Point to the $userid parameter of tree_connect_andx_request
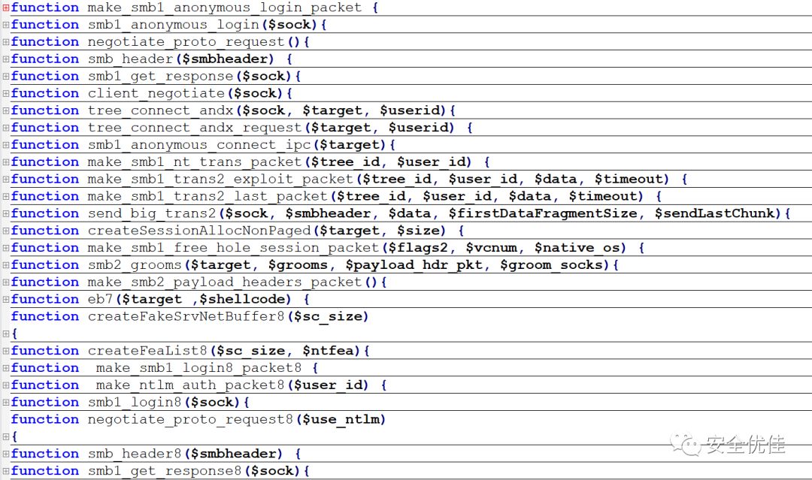pyautogui.click(x=421, y=128)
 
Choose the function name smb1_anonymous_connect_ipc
pyautogui.click(x=198, y=145)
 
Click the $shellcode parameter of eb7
pyautogui.click(x=241, y=300)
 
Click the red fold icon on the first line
pyautogui.click(x=5, y=8)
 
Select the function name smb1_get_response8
pyautogui.click(x=165, y=471)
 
